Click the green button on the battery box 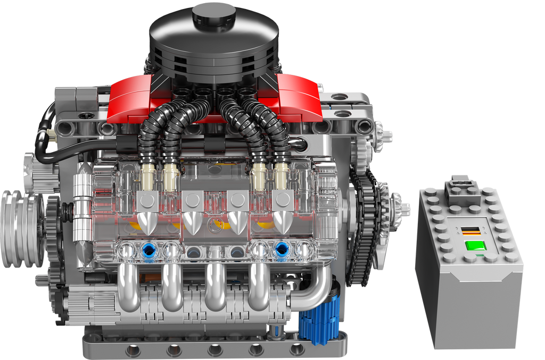click(475, 246)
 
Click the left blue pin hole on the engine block click(148, 250)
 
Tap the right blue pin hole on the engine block click(280, 250)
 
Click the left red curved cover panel click(132, 98)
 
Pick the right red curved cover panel click(298, 98)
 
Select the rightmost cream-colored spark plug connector click(281, 178)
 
